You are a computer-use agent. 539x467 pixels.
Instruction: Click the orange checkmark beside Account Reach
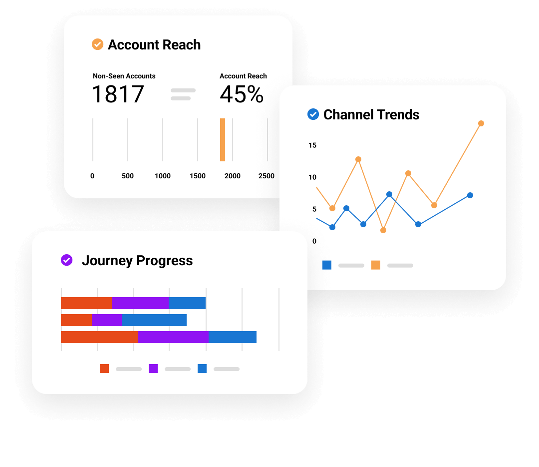[97, 44]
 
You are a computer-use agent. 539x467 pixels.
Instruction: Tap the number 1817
[118, 94]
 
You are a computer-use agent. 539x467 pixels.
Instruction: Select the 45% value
[242, 94]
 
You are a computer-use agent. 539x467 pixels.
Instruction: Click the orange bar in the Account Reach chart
[223, 140]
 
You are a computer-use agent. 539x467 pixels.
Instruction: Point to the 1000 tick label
[163, 176]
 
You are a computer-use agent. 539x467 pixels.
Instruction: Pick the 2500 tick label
[267, 176]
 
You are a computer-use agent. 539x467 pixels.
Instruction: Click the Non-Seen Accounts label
[124, 76]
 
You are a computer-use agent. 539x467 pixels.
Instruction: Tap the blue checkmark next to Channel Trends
[313, 114]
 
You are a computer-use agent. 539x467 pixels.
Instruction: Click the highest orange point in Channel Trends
[481, 123]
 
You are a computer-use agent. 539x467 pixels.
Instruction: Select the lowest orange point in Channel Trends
[383, 230]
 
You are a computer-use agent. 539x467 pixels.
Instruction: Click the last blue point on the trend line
[470, 195]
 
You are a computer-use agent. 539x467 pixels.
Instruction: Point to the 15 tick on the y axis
[312, 145]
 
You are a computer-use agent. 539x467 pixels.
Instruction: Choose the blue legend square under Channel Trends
[327, 265]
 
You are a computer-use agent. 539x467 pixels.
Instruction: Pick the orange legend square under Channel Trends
[376, 265]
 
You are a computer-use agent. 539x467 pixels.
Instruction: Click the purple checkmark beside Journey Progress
[66, 260]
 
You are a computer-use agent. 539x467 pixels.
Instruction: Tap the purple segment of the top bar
[140, 303]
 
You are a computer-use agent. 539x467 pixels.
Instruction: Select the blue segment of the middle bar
[154, 320]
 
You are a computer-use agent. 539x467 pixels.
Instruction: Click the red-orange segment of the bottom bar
[99, 337]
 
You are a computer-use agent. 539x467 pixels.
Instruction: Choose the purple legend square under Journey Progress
[153, 369]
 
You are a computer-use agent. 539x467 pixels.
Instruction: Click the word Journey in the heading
[107, 261]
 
